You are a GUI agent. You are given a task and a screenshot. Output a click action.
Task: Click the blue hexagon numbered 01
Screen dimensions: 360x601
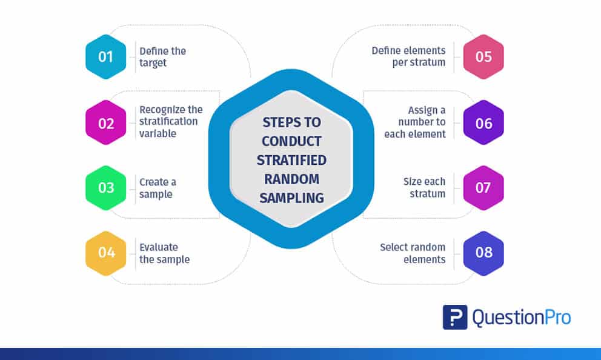click(x=106, y=57)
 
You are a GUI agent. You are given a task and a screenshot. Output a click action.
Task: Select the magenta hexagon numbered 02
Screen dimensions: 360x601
click(x=106, y=123)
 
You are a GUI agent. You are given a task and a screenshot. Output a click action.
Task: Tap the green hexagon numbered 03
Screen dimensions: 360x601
click(x=106, y=187)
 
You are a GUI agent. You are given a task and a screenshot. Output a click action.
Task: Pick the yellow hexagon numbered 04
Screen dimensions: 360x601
click(x=106, y=252)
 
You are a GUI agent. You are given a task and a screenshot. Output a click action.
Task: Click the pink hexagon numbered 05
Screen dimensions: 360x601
click(x=483, y=57)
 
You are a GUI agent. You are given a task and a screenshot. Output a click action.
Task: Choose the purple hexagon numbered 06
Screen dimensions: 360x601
click(x=483, y=123)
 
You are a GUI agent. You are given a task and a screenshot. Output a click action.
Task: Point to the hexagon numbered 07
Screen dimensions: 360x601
click(x=483, y=187)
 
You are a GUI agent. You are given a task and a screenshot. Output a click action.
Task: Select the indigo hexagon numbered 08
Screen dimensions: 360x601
click(x=483, y=252)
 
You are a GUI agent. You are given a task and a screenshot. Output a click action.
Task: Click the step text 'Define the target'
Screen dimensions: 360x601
click(x=163, y=57)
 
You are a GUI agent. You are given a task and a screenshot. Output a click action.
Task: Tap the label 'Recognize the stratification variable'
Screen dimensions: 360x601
click(x=171, y=121)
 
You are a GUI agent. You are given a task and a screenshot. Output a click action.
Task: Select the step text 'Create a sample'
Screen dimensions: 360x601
click(x=158, y=188)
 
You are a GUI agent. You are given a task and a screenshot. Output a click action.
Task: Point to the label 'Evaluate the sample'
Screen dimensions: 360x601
click(x=164, y=253)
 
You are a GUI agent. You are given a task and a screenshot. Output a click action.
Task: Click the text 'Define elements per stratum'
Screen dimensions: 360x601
click(x=408, y=56)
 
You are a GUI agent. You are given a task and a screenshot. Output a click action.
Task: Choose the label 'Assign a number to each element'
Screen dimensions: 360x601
click(x=415, y=122)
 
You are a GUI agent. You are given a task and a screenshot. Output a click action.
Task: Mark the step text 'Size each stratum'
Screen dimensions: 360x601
click(x=424, y=188)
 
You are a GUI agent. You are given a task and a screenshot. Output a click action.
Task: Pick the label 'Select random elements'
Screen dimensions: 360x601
click(x=413, y=253)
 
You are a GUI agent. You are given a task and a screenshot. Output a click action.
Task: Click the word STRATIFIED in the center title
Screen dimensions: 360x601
click(x=291, y=160)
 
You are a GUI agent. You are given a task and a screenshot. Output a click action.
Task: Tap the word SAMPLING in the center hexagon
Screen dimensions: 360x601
click(x=291, y=198)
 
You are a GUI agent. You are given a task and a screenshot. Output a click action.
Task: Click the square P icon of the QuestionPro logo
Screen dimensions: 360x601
click(x=455, y=317)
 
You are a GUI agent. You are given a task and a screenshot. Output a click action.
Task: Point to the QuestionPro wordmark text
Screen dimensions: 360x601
click(x=522, y=317)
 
